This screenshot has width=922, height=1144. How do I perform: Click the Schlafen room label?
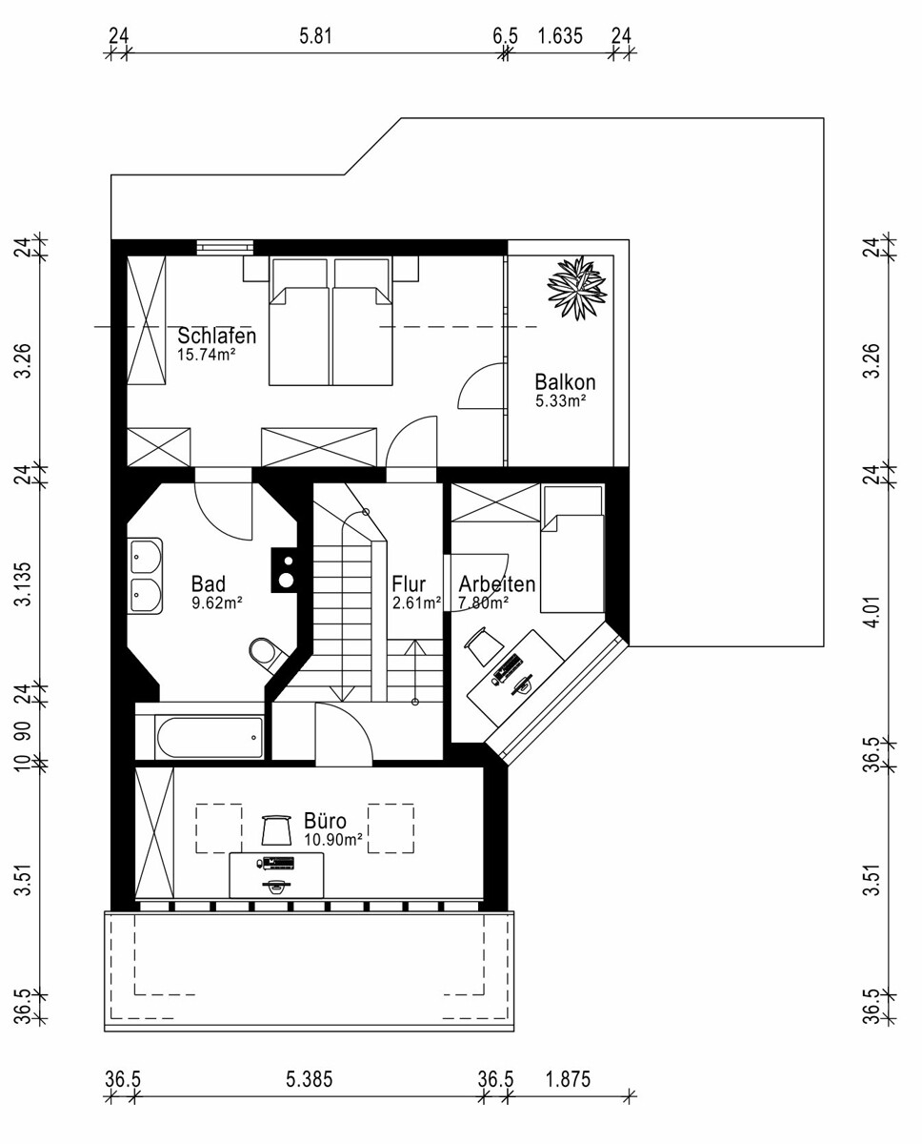coord(217,336)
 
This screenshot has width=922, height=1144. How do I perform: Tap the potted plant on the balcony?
coord(577,288)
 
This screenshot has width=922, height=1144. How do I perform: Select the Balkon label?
coord(565,382)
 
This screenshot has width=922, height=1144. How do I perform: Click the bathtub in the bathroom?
coord(210,737)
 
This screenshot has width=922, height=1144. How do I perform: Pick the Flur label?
coord(409,584)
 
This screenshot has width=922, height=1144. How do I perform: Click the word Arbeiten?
coord(497,584)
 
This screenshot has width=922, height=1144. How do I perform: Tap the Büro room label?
coord(325,821)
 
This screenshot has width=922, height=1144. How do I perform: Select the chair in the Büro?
coord(277,829)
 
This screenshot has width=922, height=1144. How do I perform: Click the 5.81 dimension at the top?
coord(315,36)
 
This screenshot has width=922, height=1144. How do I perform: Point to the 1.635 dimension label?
coord(560,36)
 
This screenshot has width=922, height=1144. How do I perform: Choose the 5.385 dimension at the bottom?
coord(310,1079)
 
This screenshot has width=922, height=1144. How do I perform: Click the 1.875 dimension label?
coord(568,1079)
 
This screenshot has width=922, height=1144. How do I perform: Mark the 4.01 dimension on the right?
coord(873,612)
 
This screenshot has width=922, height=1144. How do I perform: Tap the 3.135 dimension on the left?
coord(24,584)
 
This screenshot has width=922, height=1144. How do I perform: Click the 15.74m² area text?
coord(207,355)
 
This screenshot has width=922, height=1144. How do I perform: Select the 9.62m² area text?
coord(217,603)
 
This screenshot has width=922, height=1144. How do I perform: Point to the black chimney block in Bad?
coord(285,570)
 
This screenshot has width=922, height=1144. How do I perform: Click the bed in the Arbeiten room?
coord(572,548)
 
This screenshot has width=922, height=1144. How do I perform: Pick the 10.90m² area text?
coord(333,839)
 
